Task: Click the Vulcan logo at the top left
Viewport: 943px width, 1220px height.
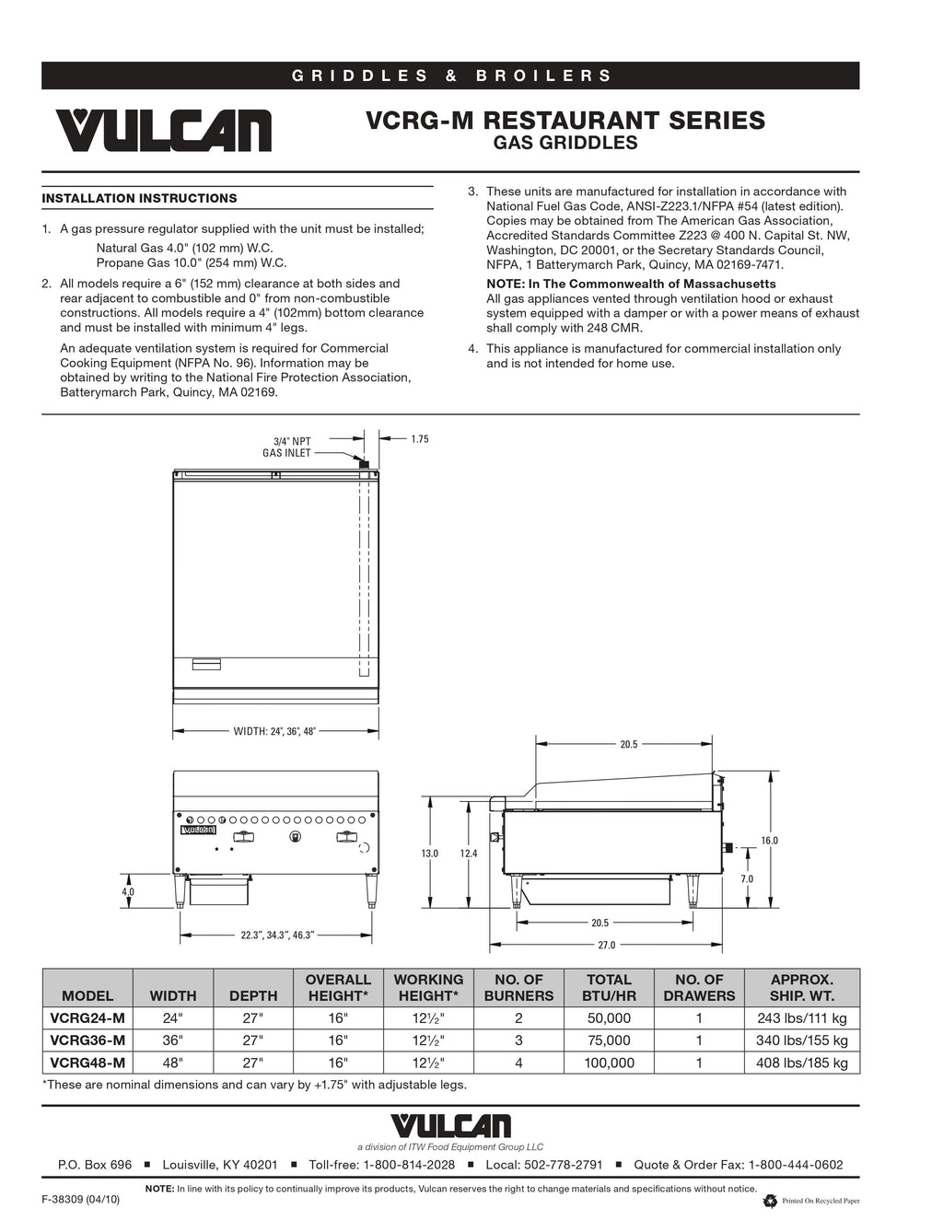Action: pos(163,131)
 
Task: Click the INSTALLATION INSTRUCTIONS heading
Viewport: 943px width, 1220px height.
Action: pos(139,198)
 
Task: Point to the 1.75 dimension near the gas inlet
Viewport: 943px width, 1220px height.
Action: pos(419,439)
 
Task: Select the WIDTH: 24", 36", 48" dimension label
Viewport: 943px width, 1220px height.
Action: pos(274,731)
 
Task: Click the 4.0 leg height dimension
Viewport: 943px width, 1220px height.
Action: pos(128,891)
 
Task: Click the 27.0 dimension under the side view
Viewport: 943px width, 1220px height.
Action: pos(606,945)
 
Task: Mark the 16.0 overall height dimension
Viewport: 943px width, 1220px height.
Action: pos(769,840)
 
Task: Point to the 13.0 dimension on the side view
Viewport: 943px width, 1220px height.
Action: pos(430,854)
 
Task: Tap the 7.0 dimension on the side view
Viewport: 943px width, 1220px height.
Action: pos(747,878)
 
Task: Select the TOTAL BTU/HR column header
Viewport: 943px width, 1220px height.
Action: pos(609,987)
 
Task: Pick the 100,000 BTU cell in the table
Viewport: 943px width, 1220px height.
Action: pos(609,1063)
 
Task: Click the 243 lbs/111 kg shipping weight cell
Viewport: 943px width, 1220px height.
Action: pos(802,1018)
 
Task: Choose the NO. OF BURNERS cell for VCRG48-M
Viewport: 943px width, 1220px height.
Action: pos(518,1063)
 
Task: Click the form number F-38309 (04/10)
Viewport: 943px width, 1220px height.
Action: pos(81,1200)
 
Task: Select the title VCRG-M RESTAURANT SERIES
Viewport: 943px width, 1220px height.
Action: pos(565,121)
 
